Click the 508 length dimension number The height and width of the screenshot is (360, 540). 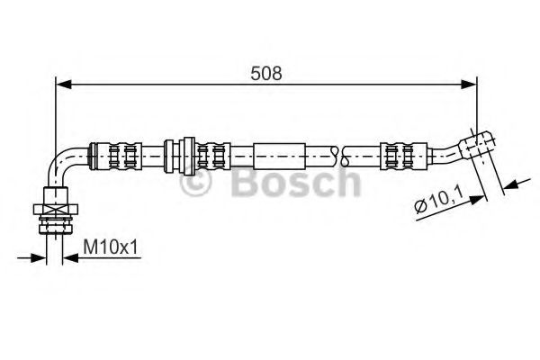[x=267, y=74]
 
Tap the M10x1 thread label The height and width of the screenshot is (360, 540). [x=111, y=246]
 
